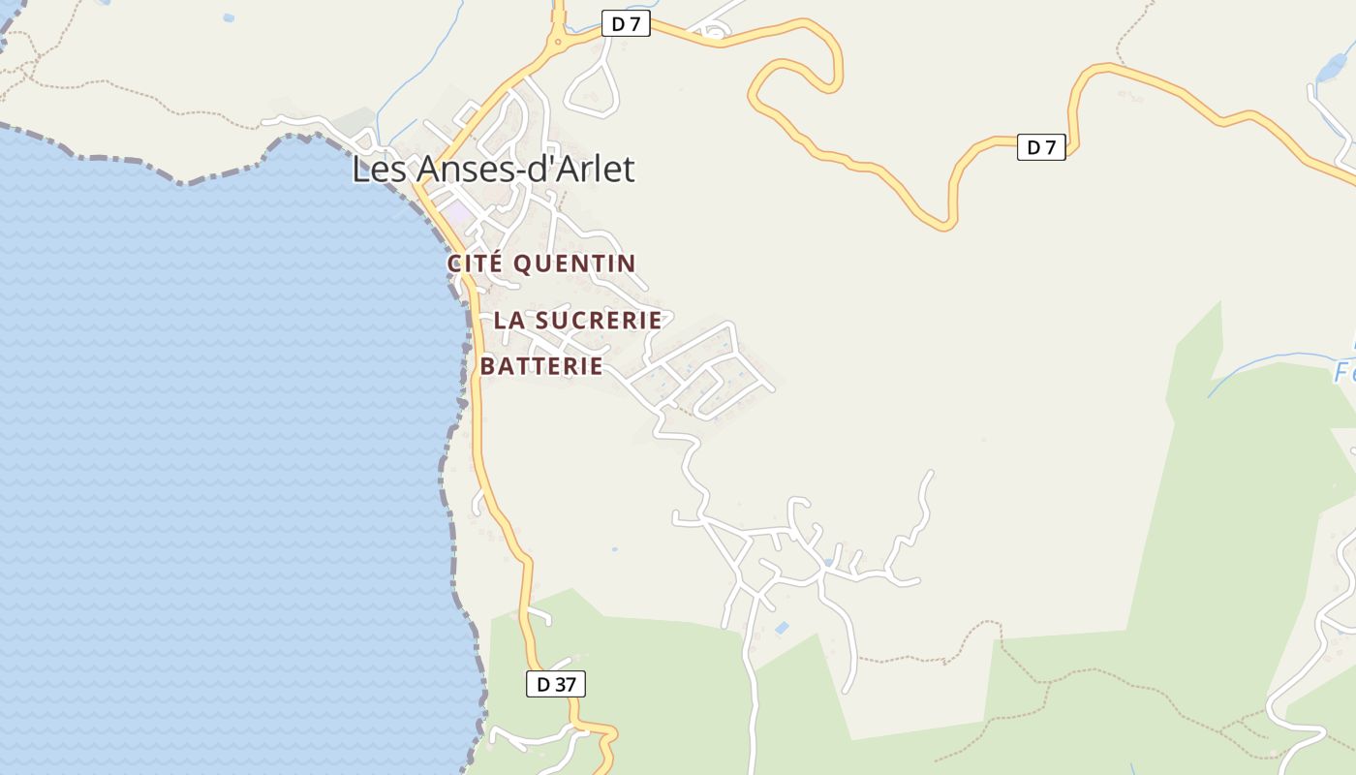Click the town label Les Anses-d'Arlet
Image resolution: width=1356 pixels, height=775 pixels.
492,170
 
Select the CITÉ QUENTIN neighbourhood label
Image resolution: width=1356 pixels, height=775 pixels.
541,263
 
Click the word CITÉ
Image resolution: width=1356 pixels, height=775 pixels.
475,263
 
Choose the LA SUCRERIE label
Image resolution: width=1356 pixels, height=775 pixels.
578,320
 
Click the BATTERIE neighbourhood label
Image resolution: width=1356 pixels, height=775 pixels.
541,366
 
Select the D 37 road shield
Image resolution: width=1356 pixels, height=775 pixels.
556,684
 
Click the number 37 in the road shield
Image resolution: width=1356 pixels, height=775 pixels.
565,684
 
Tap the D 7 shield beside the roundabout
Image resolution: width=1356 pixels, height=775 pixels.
626,24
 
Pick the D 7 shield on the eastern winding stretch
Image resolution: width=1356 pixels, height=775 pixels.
1041,147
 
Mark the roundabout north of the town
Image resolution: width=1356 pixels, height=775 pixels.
558,42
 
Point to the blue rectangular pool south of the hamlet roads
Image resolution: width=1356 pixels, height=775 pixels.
782,629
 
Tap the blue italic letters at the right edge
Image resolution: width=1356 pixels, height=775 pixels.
1344,371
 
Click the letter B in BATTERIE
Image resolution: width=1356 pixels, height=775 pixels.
488,366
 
